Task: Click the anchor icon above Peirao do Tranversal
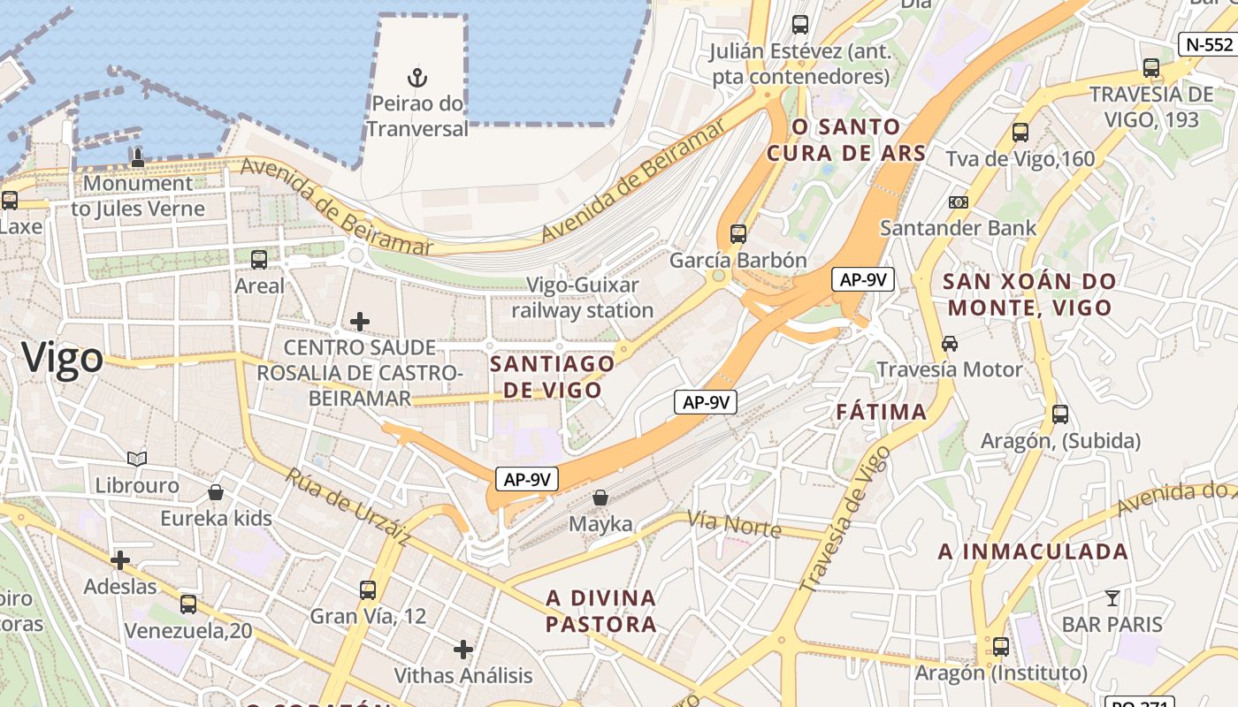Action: click(416, 77)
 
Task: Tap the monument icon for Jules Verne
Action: click(137, 157)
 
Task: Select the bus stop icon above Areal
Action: click(259, 259)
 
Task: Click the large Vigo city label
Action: click(62, 358)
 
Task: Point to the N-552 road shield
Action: click(1207, 44)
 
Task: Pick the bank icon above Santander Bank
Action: click(958, 202)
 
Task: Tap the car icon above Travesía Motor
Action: click(950, 343)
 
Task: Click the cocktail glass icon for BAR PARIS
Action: click(1112, 598)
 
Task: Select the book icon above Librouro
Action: click(137, 459)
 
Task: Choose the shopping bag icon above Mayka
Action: click(600, 498)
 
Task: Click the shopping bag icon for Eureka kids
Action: click(216, 492)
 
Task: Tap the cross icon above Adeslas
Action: click(120, 559)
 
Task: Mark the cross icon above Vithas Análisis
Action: click(463, 650)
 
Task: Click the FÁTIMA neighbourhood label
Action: click(882, 412)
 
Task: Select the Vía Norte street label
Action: click(734, 525)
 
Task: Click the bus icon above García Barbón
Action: click(738, 234)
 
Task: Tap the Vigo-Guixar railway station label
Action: click(583, 298)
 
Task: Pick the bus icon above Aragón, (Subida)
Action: click(1060, 414)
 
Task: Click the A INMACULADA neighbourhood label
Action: click(1033, 551)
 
